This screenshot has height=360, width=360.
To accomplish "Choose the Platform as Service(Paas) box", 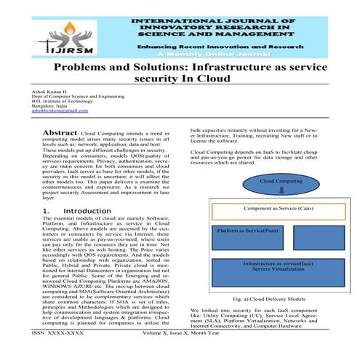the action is click(247, 230).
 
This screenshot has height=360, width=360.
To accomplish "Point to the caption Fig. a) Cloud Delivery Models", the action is click(268, 299).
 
